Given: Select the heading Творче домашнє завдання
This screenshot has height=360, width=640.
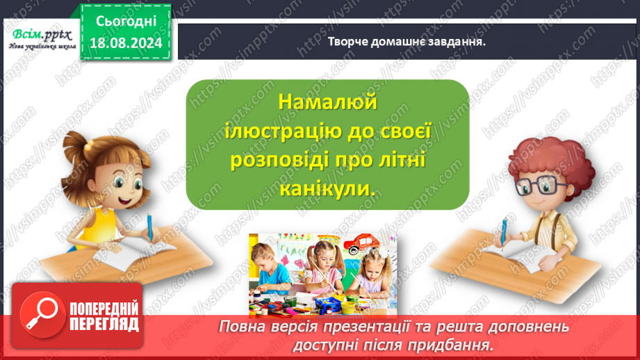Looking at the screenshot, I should coord(407,41).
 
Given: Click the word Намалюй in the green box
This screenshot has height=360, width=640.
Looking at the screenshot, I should coord(327,101).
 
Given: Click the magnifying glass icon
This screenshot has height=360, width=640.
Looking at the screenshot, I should coord(40,313).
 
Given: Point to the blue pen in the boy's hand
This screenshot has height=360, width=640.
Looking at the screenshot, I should coord(505,230).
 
